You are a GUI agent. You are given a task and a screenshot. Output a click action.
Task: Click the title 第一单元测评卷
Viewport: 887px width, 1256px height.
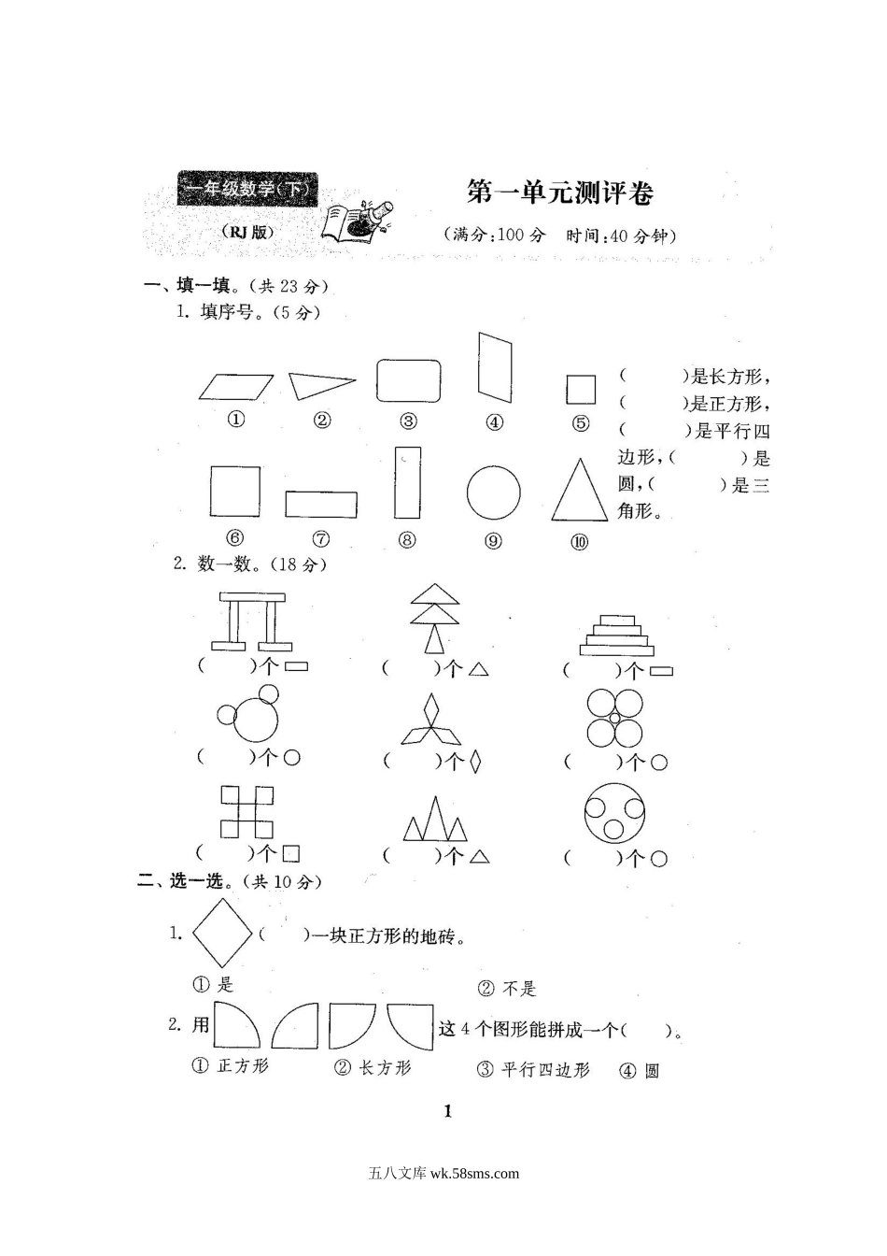[559, 193]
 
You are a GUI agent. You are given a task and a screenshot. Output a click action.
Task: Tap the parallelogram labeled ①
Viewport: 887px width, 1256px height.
[236, 387]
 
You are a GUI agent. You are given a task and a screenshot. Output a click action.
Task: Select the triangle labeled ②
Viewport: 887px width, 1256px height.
[318, 385]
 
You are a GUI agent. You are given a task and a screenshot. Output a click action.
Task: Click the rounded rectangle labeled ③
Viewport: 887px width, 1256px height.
[409, 380]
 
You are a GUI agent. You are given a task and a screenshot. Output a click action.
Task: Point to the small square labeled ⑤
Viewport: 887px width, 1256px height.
[581, 389]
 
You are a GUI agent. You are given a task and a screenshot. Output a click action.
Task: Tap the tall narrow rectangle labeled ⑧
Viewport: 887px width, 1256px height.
[407, 482]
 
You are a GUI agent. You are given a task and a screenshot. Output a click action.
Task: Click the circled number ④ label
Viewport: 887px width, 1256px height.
[495, 422]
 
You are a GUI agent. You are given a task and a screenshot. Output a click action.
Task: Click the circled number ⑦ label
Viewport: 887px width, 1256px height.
[321, 539]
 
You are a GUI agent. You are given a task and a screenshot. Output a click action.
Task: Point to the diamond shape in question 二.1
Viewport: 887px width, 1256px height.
[222, 933]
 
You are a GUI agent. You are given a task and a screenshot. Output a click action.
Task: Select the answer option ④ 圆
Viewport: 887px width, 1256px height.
[640, 1071]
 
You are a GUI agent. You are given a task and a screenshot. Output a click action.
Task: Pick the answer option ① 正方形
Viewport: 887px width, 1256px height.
[230, 1066]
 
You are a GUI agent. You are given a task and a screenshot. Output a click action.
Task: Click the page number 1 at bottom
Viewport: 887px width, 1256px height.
[448, 1111]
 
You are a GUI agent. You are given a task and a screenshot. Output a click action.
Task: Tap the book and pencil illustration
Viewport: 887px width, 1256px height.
[357, 221]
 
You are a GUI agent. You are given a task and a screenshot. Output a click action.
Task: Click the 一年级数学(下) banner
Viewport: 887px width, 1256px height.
[247, 191]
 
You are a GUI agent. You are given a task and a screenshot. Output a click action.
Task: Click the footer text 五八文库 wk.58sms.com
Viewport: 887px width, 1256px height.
[444, 1174]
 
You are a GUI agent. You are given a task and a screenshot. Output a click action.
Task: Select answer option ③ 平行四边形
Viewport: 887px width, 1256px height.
[533, 1070]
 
